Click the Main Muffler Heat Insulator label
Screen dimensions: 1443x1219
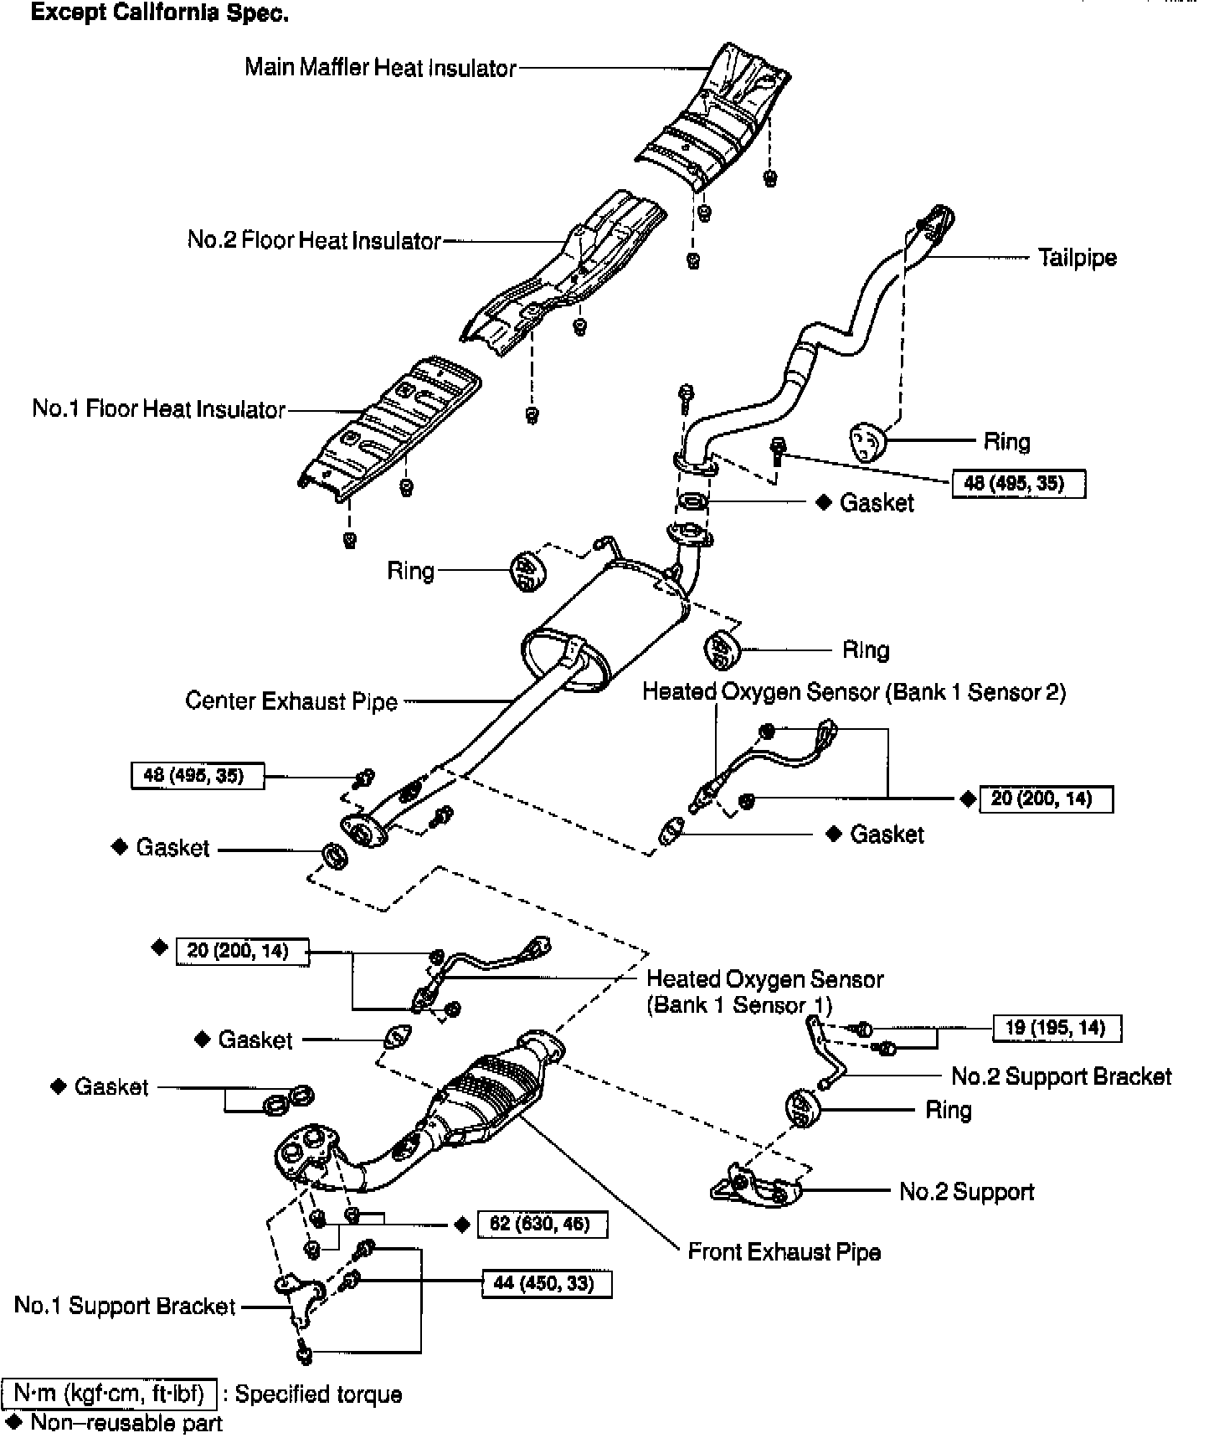click(380, 67)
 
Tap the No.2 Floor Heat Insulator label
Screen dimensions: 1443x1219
click(314, 240)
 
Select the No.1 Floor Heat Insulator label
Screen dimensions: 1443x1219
click(159, 409)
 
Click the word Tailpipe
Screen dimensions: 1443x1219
click(1077, 257)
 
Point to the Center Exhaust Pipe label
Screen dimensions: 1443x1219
click(291, 701)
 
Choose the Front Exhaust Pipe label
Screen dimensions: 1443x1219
click(784, 1251)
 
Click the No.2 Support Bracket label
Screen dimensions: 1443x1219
click(1061, 1076)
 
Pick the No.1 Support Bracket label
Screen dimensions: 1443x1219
click(125, 1306)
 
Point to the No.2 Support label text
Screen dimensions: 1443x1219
click(966, 1191)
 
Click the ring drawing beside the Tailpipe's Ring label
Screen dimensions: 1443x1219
click(867, 441)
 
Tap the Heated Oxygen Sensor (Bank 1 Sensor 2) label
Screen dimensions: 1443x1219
click(854, 692)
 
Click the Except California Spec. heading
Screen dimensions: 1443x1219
click(160, 14)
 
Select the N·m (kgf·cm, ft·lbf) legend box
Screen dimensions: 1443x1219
click(110, 1393)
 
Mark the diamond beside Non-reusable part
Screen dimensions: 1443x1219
click(14, 1422)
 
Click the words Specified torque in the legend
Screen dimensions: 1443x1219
click(318, 1394)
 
